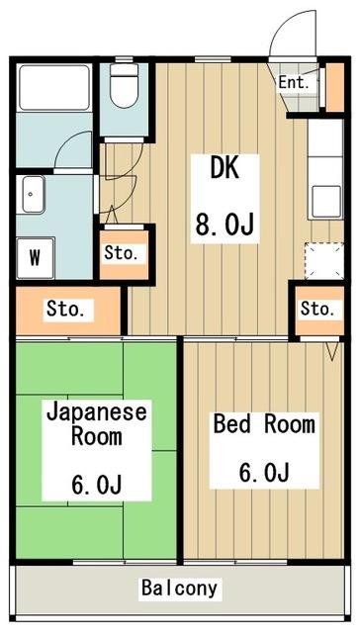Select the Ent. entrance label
coord(294,83)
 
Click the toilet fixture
coord(124,87)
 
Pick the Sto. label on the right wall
coord(317,309)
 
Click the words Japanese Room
coord(97,422)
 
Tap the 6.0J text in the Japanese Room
coord(97,486)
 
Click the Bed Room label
coord(264,425)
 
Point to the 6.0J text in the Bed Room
coord(264,473)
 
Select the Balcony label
coord(179,588)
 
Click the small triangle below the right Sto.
coord(333,349)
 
